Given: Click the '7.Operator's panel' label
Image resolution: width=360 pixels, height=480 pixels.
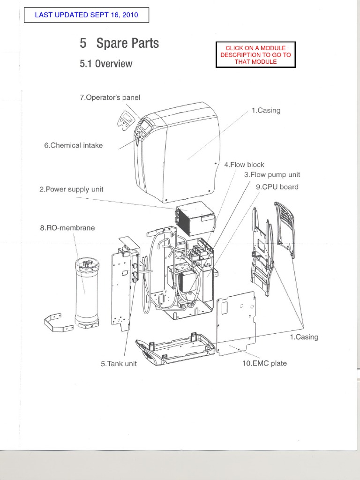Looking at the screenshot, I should tap(110, 97).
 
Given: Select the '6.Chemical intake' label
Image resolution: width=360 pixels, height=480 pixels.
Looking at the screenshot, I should tap(73, 145).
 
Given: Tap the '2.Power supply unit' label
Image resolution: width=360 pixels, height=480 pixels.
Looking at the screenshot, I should tap(71, 189).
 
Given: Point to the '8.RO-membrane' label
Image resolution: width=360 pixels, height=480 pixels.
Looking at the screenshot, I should tap(67, 228).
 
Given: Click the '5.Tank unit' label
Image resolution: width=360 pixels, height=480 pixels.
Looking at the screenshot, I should tap(119, 364).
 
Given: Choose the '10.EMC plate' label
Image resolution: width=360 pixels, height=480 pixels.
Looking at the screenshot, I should tap(264, 363).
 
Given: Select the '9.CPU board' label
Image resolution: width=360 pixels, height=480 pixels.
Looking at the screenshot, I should tap(277, 187).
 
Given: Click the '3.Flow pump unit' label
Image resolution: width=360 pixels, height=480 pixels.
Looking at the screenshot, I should tap(272, 175).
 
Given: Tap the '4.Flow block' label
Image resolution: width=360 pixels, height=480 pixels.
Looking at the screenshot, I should tap(244, 165).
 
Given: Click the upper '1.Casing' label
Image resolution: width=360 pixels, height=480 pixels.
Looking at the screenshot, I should tap(266, 111).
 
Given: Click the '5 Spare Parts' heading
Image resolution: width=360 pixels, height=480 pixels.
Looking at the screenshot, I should tap(119, 44).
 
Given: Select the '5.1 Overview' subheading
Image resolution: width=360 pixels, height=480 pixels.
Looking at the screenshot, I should tap(106, 64).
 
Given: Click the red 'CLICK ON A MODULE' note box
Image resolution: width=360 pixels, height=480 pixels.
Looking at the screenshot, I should tap(255, 55).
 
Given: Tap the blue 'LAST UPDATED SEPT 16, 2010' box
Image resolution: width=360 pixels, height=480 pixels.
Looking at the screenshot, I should tap(87, 15).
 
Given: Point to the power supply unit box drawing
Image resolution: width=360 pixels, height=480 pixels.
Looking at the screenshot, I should tap(194, 219).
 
